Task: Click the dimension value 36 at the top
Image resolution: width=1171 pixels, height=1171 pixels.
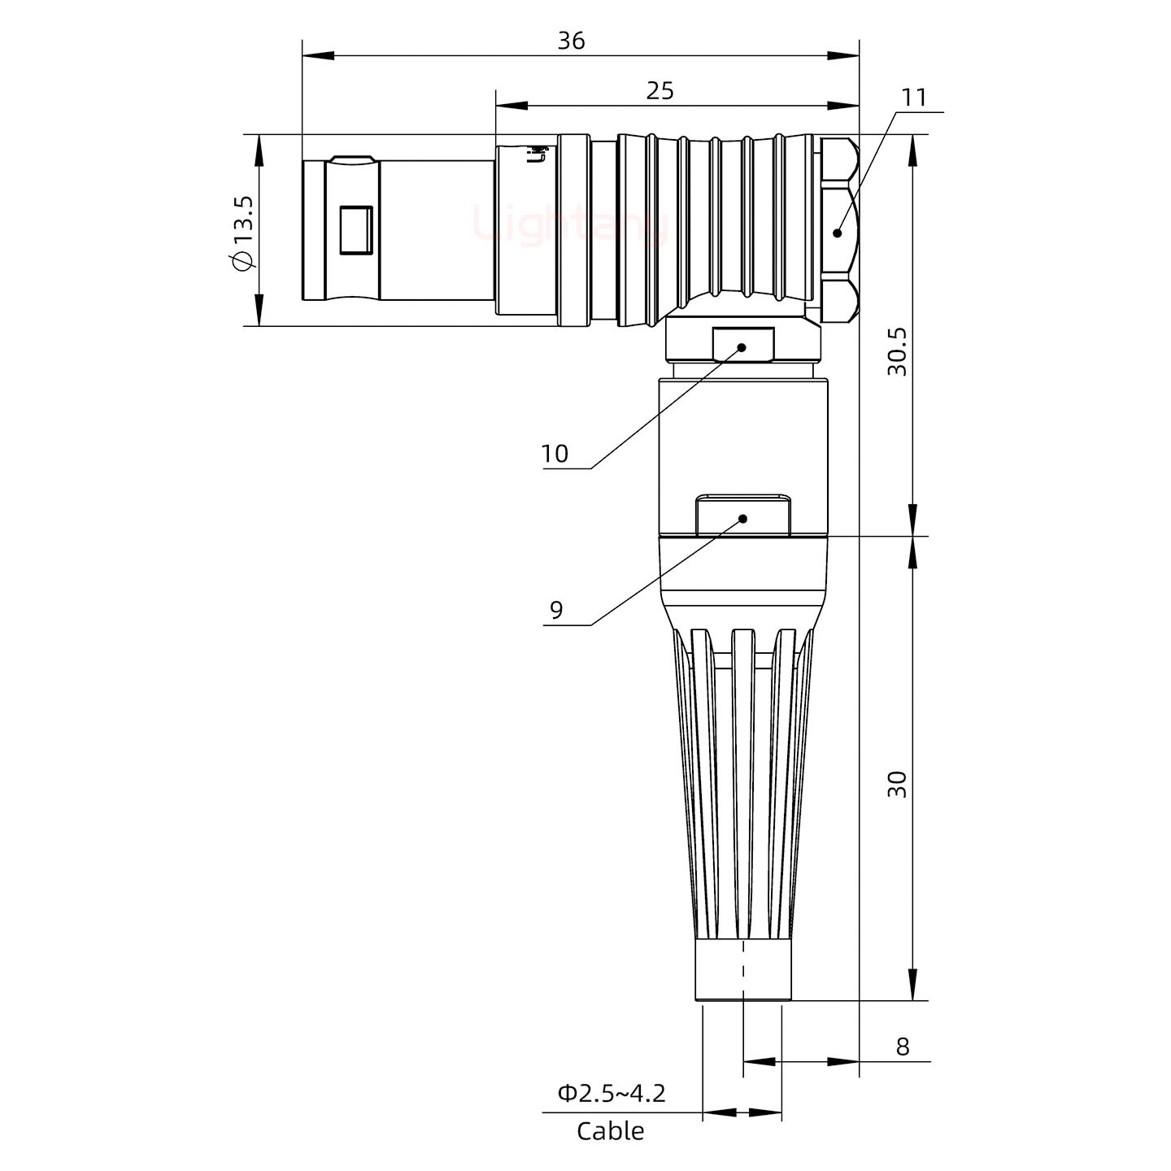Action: coord(571,41)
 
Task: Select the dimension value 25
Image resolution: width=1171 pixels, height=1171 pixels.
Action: coord(660,91)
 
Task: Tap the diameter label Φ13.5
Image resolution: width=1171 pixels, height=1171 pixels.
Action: coord(243,233)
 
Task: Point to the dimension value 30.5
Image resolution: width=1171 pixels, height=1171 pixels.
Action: coord(897,351)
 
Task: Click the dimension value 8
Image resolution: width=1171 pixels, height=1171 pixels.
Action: coord(902,1047)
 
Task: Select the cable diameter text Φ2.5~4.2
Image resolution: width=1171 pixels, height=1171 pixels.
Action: coord(612,1093)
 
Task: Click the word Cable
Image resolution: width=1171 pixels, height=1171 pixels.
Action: coord(610,1131)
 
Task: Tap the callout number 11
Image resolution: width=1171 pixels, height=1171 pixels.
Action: coord(913,98)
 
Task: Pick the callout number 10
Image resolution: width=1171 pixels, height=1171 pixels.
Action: coord(555,454)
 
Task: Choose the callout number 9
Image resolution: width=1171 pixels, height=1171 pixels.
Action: coord(556,610)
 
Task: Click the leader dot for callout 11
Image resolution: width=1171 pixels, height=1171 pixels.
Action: coord(838,233)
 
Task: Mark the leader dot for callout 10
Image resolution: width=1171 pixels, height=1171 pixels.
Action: coord(742,347)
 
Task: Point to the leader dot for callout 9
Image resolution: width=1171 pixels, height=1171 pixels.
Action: coord(742,518)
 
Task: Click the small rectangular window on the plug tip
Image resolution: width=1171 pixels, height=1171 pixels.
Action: coord(355,230)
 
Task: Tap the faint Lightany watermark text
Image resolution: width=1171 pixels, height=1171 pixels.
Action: coord(569,225)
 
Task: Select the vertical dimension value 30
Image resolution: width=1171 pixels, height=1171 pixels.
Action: coord(897,784)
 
